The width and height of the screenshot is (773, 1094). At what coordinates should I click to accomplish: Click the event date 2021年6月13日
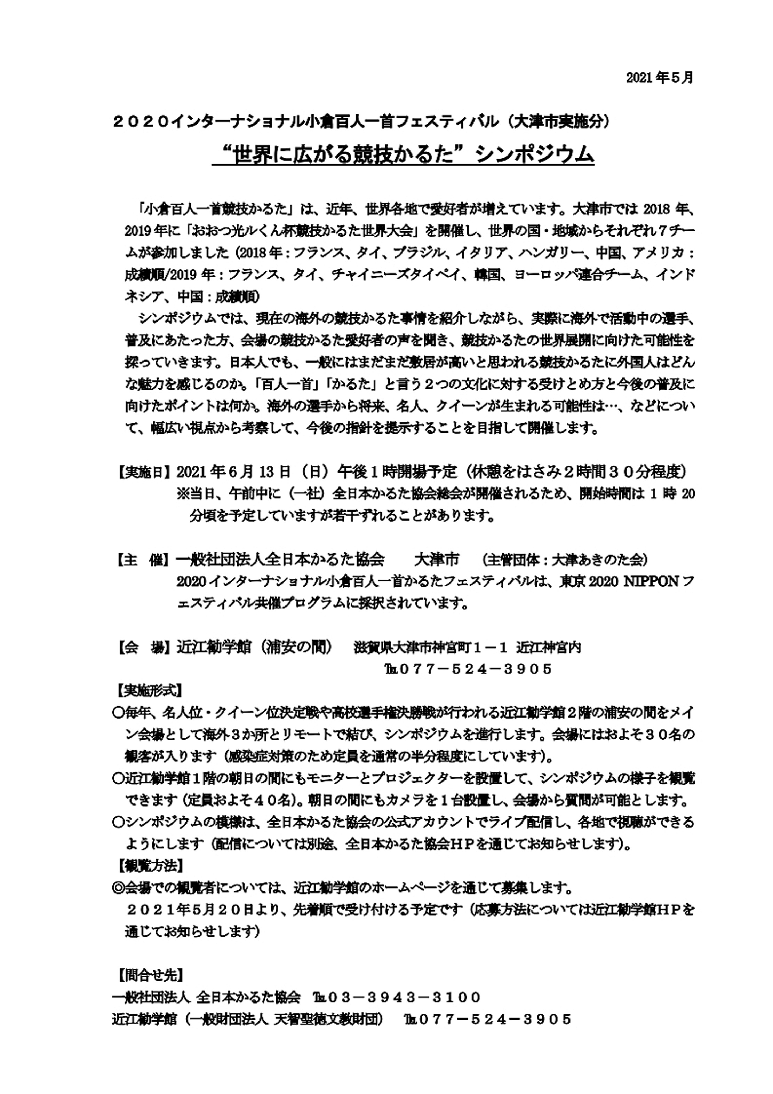point(233,473)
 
